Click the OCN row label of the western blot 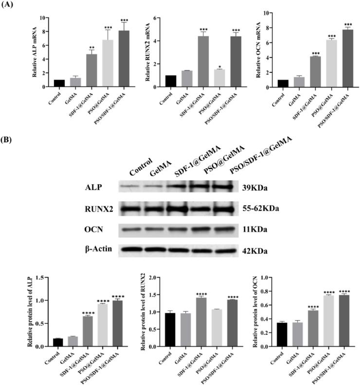click(x=94, y=228)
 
